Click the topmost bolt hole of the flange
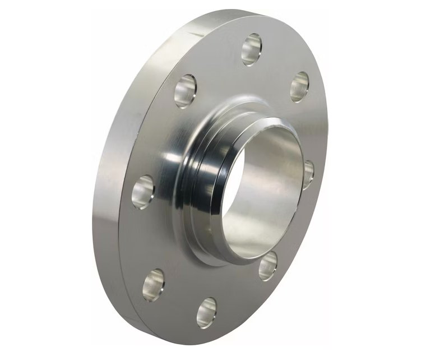(x=252, y=49)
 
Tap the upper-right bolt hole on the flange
(x=299, y=86)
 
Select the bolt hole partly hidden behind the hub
(x=308, y=174)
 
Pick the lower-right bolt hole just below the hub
(x=268, y=265)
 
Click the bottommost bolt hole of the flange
(x=206, y=312)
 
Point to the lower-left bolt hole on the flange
(x=153, y=284)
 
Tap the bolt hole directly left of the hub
(x=143, y=192)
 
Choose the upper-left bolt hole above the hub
(x=185, y=91)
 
